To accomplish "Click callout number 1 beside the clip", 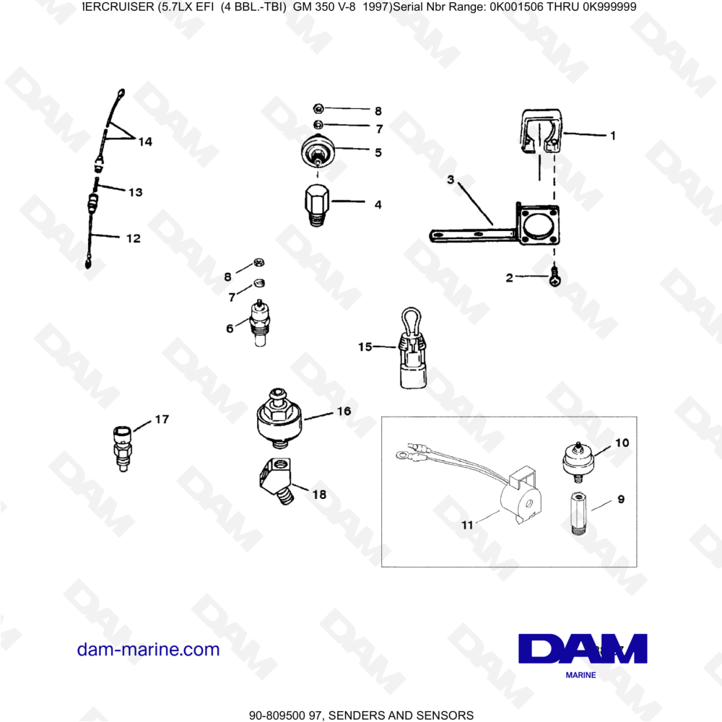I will click(612, 135).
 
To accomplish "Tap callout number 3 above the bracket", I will click(450, 180).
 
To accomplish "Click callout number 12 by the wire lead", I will click(133, 238).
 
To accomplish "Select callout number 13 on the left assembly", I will click(135, 193).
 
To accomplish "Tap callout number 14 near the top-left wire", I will click(145, 142).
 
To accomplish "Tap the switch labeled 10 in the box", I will click(579, 459).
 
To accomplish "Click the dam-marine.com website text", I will click(148, 650).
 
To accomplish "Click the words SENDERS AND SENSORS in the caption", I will click(401, 716).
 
